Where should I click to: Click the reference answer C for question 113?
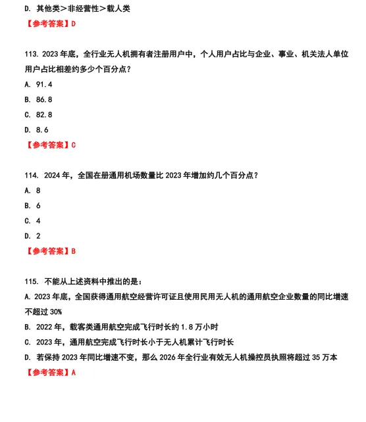click(73, 145)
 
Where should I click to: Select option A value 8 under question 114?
click(39, 191)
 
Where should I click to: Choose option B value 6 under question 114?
click(39, 206)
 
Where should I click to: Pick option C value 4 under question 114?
click(39, 221)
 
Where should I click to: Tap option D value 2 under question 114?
click(39, 236)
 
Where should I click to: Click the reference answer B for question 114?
click(73, 251)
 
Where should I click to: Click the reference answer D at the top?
click(73, 24)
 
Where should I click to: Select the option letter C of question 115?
click(28, 342)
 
